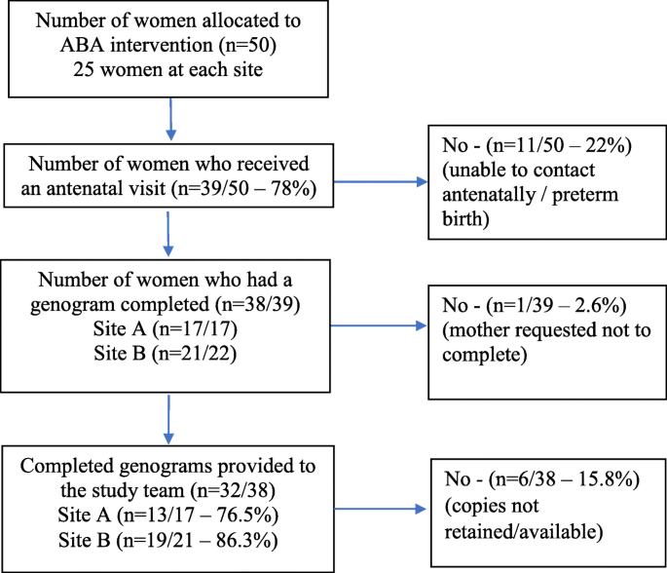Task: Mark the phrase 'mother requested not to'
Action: point(549,326)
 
